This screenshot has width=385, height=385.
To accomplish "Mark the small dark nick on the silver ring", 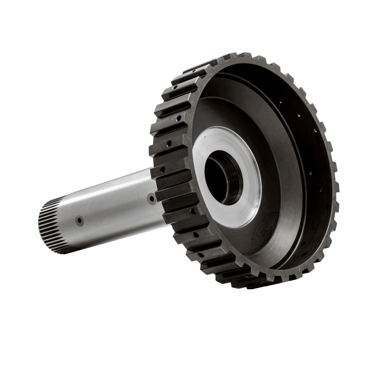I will (x=204, y=139).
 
